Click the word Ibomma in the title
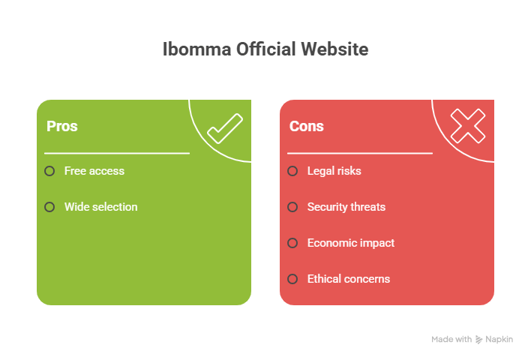point(189,50)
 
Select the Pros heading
point(61,126)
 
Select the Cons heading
point(306,126)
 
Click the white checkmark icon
point(225,128)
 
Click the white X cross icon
point(468,126)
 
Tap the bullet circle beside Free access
point(49,171)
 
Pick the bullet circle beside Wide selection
point(49,207)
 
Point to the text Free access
point(94,171)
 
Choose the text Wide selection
point(100,207)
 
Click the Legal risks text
point(334,171)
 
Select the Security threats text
point(346,207)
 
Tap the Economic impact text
point(350,243)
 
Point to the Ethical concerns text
point(348,279)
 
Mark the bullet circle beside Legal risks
point(292,171)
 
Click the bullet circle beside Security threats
point(292,207)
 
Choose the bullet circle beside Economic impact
point(292,243)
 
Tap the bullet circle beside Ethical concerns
point(292,279)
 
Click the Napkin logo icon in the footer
point(479,340)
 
